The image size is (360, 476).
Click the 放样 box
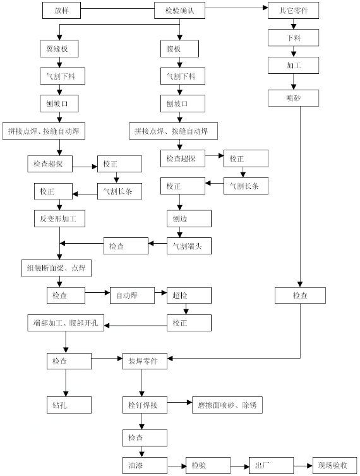[x=61, y=11]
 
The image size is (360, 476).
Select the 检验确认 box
[x=179, y=11]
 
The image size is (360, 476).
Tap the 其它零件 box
[x=293, y=11]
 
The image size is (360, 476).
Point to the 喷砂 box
[x=293, y=98]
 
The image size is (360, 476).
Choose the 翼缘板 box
[x=59, y=49]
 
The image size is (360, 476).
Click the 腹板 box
[x=179, y=49]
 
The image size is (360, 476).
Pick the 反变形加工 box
[x=59, y=218]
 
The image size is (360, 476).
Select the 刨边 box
[x=189, y=218]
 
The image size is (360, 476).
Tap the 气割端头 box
[x=189, y=246]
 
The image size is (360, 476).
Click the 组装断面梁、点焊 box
[x=56, y=268]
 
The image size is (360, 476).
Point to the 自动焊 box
[x=132, y=295]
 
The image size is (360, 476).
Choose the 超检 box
[x=189, y=295]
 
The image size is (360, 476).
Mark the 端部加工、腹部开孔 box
[x=66, y=323]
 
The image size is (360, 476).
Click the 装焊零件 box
[x=145, y=361]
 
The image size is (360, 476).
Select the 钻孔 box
[x=69, y=405]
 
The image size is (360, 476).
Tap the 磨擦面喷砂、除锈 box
[x=227, y=405]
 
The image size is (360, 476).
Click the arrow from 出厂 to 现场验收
[x=303, y=466]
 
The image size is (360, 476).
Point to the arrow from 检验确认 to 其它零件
[x=236, y=8]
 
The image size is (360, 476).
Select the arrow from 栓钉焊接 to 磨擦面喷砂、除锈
[x=179, y=403]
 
